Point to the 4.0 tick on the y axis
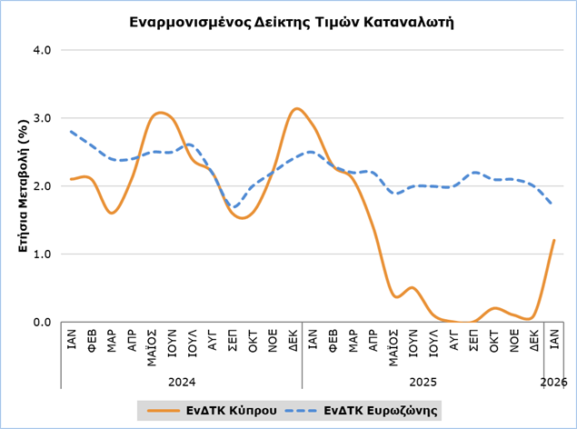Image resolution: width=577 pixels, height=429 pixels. point(42,49)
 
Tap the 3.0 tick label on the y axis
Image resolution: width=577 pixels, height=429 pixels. point(42,117)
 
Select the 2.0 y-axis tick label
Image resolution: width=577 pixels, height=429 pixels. point(42,185)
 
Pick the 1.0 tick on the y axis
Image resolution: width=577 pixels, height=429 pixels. point(42,254)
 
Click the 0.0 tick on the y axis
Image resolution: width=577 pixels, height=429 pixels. point(42,322)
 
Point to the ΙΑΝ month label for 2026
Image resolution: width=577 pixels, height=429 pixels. point(553,339)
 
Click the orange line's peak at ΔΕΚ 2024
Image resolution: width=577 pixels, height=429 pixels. point(295,109)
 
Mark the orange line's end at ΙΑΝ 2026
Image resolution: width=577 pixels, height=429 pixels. point(553,240)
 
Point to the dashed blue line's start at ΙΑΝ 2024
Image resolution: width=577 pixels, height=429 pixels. point(72,131)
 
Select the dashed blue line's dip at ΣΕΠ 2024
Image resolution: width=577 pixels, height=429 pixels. point(234,207)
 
